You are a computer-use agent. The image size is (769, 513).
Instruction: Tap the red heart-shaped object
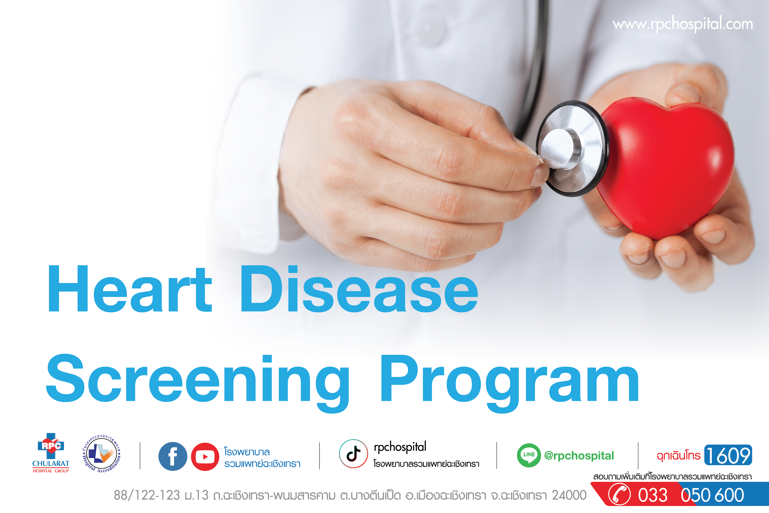click(x=664, y=167)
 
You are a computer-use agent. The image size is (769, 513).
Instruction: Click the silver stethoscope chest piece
click(x=572, y=149)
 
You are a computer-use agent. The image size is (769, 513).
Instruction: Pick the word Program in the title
click(x=509, y=383)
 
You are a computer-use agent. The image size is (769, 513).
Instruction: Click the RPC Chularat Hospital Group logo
click(x=51, y=453)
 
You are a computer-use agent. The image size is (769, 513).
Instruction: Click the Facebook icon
click(x=173, y=456)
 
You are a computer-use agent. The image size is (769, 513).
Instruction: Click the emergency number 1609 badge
click(x=728, y=455)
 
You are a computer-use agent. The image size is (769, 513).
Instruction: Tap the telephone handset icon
click(x=619, y=495)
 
